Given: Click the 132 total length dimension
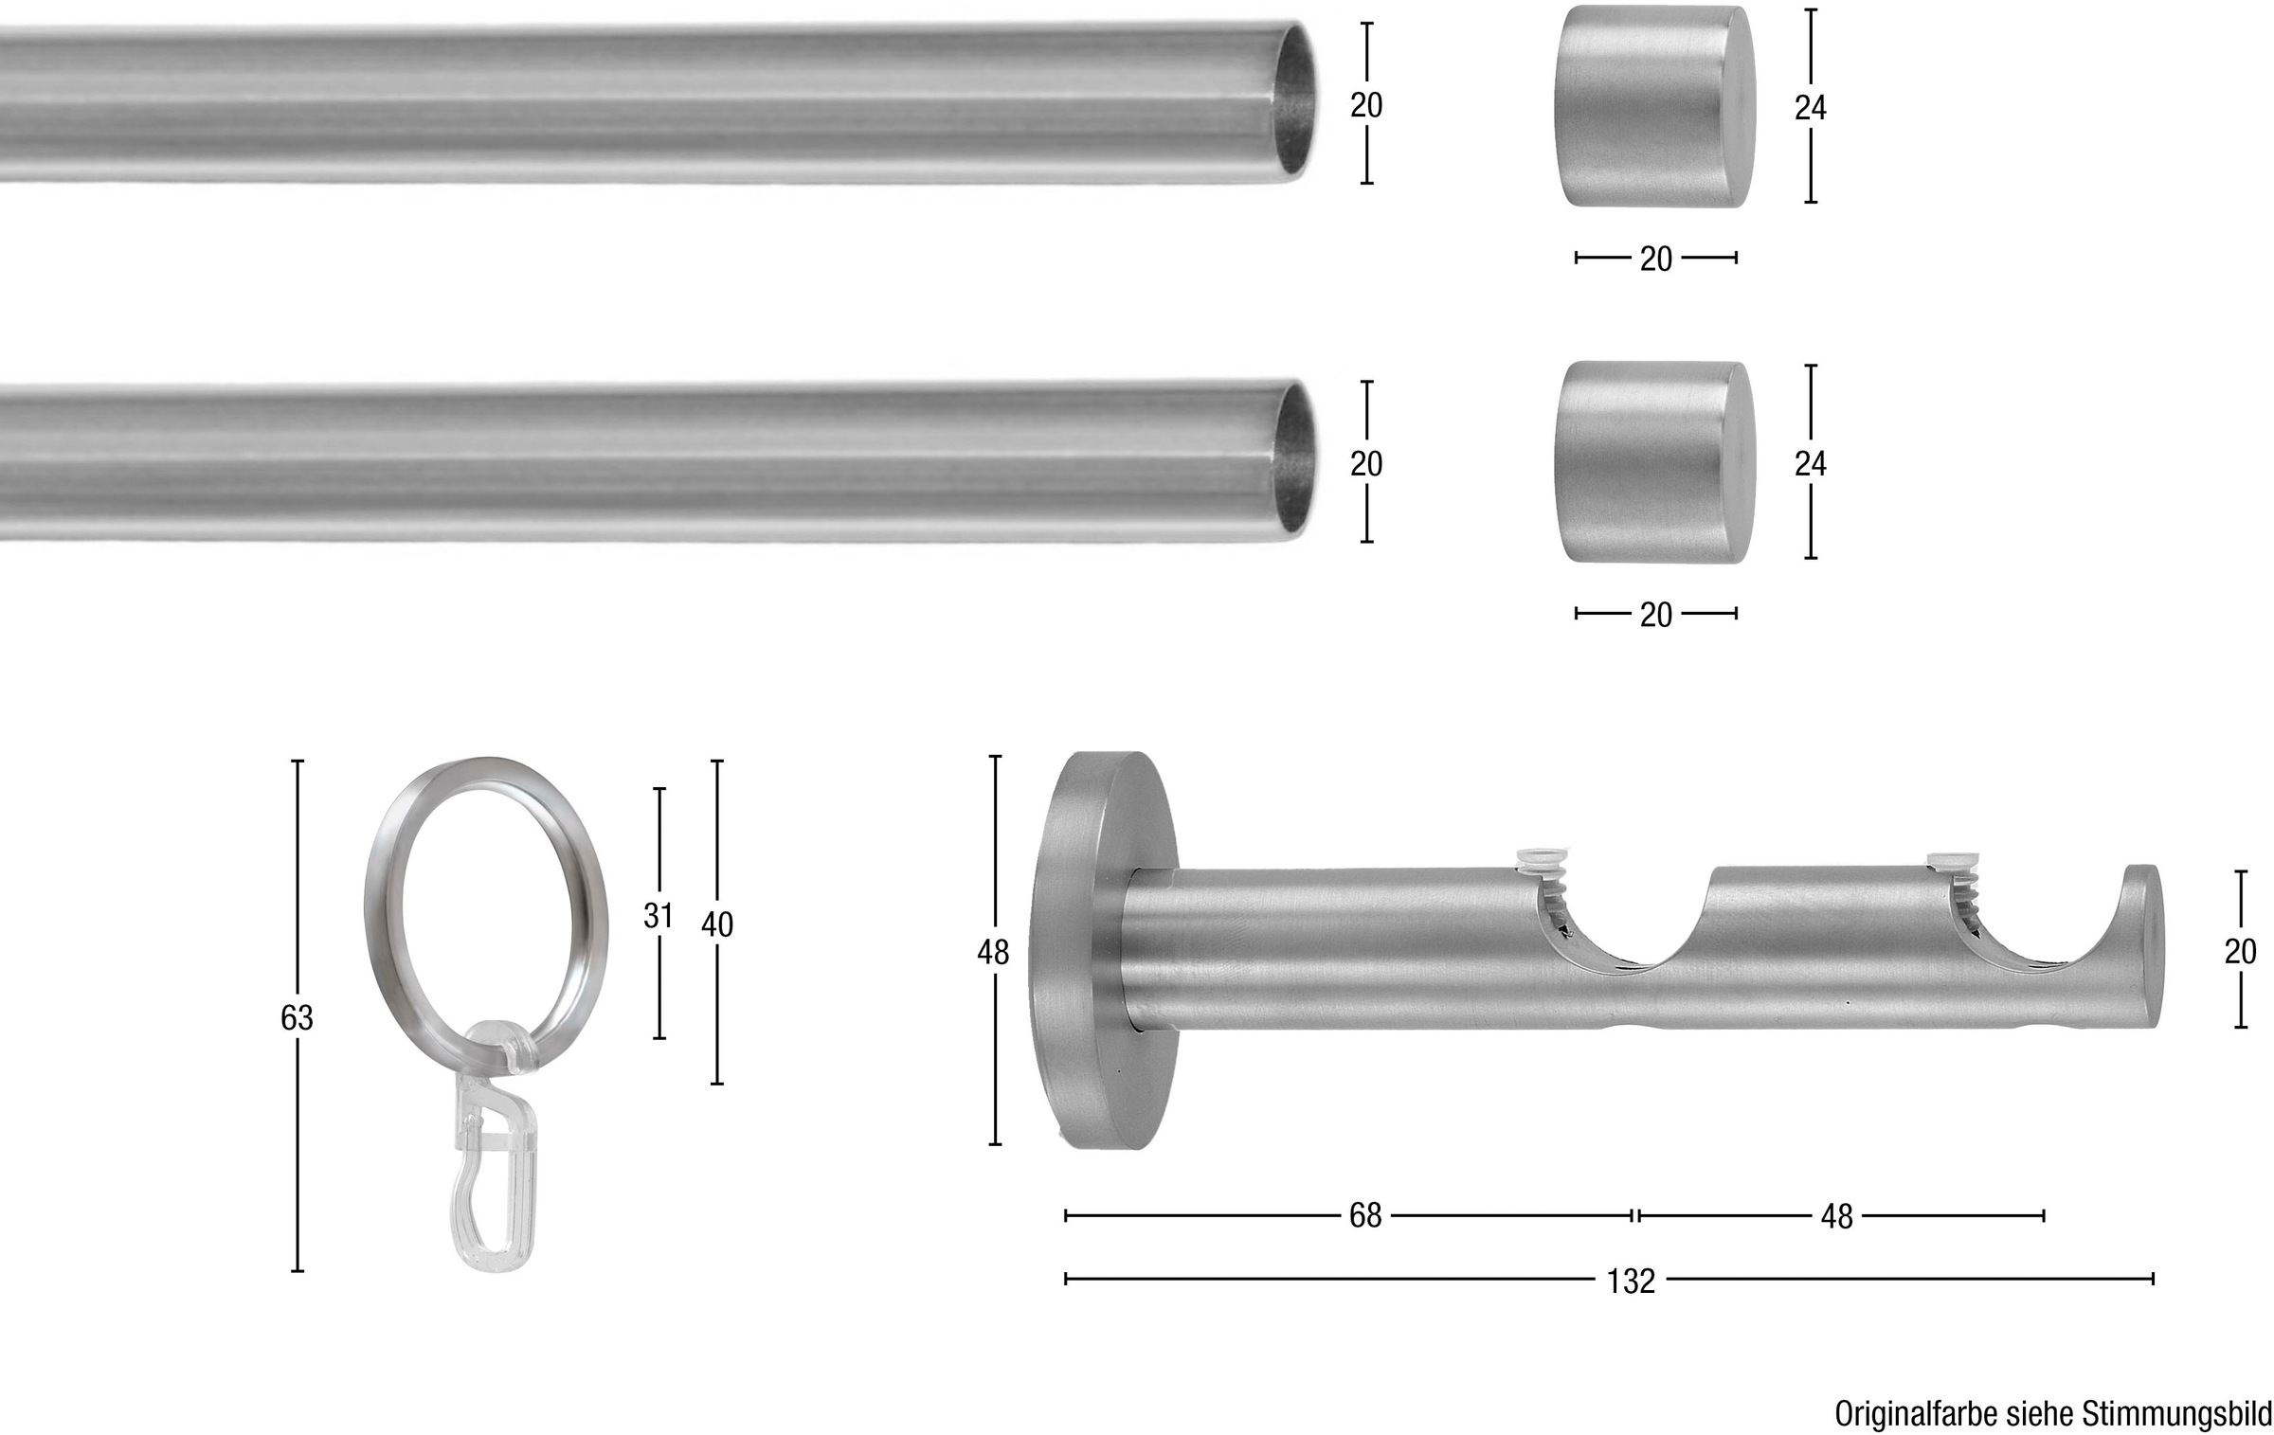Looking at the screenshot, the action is click(1631, 1281).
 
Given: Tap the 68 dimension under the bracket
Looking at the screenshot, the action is click(1365, 1216).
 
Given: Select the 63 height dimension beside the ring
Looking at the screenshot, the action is click(297, 1017).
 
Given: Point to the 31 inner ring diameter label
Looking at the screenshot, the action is click(658, 916).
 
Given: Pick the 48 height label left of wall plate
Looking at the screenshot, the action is click(993, 952).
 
